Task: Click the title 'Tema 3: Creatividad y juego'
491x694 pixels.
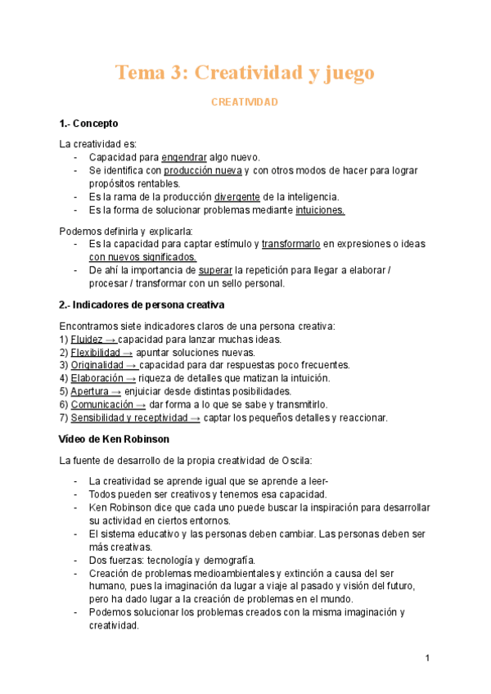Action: pos(245,73)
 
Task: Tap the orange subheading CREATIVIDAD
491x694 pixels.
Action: pos(245,102)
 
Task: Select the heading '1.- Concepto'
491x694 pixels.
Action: pos(89,124)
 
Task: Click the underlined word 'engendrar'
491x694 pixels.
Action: pos(184,157)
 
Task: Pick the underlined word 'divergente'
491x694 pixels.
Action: pos(237,196)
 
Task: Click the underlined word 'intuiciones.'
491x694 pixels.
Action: pos(320,210)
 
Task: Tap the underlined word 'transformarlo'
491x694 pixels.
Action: pos(291,244)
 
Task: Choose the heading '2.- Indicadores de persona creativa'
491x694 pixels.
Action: pos(142,305)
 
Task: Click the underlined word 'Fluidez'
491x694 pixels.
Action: pos(87,339)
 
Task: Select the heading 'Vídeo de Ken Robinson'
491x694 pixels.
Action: pos(115,439)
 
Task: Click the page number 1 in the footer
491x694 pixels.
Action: pos(427,659)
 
